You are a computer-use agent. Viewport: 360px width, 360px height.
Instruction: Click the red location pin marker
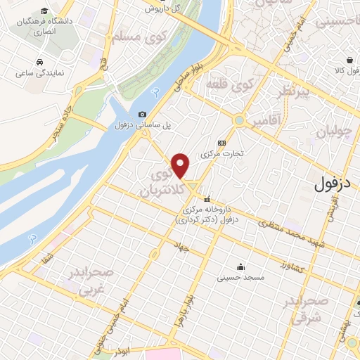[181, 165]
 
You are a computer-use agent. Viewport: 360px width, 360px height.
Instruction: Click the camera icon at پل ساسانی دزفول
[143, 115]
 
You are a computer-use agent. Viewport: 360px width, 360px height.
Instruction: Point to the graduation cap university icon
[44, 11]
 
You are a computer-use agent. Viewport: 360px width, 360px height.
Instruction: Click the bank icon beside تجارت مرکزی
[222, 141]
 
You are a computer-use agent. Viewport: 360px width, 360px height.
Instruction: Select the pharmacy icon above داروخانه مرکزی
[207, 199]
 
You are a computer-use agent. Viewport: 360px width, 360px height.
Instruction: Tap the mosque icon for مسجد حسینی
[241, 267]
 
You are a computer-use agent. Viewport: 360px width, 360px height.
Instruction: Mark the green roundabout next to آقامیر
[240, 120]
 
